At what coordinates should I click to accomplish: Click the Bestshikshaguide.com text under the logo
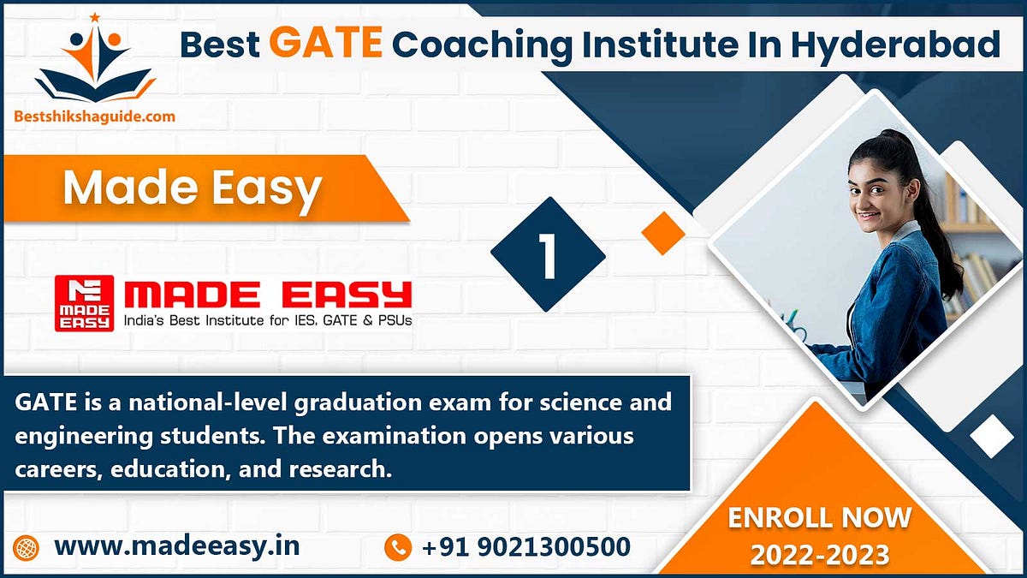tap(95, 116)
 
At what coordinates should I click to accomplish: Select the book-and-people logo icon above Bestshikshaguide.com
tap(95, 60)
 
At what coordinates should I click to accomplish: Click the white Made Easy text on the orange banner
tap(192, 188)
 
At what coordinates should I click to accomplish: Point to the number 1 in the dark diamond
tap(548, 254)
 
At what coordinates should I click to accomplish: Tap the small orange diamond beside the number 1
tap(663, 233)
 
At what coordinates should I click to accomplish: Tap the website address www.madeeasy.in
tap(177, 545)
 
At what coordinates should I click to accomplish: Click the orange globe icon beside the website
tap(27, 546)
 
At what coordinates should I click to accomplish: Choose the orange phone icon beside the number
tap(398, 546)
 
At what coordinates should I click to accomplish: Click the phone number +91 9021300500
tap(526, 545)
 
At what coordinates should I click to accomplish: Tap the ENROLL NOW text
tap(819, 517)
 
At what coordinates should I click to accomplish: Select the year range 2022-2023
tap(819, 555)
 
